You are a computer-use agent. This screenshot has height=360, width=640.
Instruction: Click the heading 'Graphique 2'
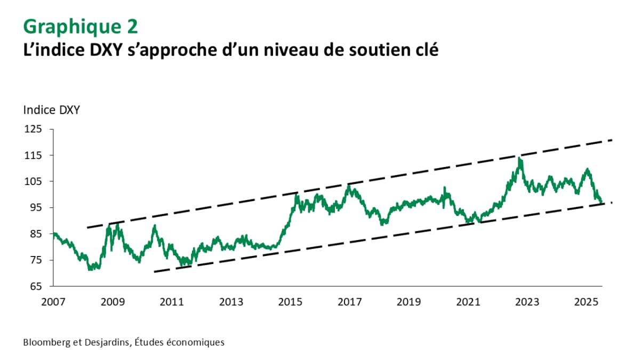coord(80,26)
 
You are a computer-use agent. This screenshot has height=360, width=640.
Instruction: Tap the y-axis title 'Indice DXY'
coord(51,110)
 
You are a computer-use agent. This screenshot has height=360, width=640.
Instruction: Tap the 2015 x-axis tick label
coord(290,302)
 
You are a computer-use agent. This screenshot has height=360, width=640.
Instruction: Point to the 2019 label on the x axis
coord(409,302)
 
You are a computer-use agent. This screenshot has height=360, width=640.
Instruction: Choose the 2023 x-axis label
coord(527,302)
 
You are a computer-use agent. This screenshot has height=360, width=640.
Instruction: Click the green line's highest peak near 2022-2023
coord(519,158)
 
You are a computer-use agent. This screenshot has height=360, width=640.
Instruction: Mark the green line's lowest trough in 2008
coord(90,269)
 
